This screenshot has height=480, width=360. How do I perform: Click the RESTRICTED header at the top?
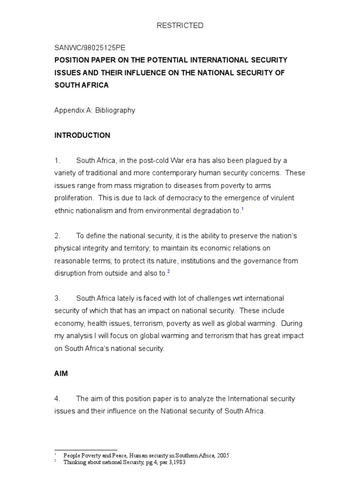[x=180, y=26]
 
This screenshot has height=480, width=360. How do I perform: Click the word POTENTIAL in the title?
[x=175, y=60]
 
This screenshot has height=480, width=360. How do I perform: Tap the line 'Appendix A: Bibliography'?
[x=95, y=111]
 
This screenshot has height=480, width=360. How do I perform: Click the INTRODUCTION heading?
[x=82, y=135]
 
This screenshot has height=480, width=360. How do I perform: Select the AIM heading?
[x=61, y=374]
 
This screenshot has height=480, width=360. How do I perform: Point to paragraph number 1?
[x=57, y=160]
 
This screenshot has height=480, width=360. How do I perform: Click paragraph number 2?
[x=57, y=236]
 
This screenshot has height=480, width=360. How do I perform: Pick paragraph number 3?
[x=57, y=299]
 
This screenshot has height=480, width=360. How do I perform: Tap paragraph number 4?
[x=57, y=399]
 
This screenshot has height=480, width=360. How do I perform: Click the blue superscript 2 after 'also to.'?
[x=168, y=272]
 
